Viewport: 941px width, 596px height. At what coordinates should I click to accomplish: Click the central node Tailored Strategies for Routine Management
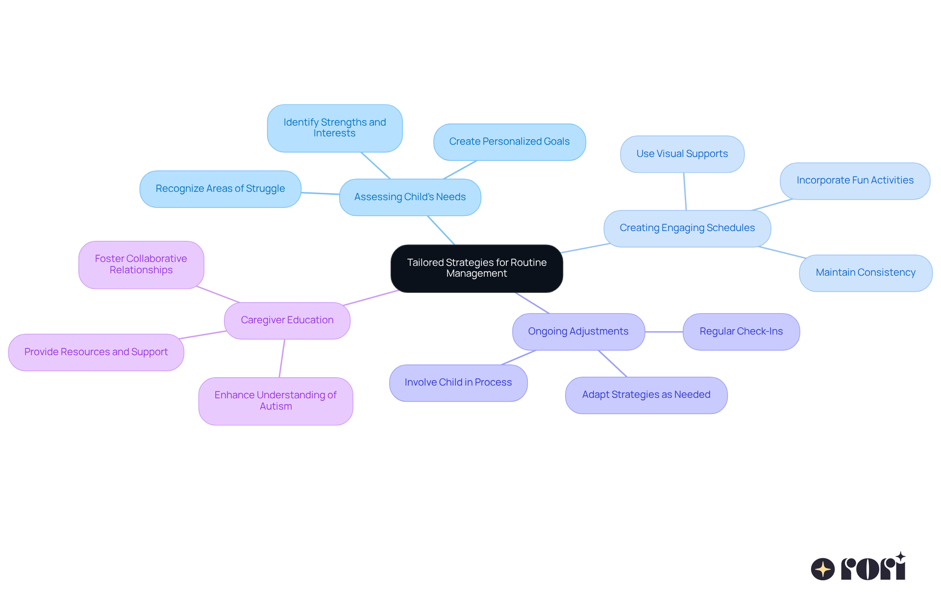tap(476, 268)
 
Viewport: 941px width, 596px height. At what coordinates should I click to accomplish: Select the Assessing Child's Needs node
tap(410, 197)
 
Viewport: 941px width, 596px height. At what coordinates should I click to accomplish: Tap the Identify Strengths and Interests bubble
tap(335, 128)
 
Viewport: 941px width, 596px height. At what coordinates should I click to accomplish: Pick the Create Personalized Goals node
tap(509, 142)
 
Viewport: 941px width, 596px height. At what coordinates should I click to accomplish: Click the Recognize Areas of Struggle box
tap(220, 189)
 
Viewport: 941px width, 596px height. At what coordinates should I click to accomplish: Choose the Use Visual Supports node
tap(682, 154)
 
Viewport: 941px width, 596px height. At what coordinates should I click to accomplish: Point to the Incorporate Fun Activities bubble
tap(855, 181)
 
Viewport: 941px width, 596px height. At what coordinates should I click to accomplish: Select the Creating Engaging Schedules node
tap(687, 229)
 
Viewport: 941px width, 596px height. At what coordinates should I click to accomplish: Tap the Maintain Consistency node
tap(866, 273)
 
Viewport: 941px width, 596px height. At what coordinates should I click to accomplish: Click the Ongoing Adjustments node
tap(578, 332)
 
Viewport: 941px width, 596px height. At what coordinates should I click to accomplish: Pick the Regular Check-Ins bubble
tap(741, 332)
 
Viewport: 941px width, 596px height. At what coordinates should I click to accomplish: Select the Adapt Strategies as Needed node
tap(646, 395)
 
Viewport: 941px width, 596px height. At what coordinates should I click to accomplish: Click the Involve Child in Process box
tap(458, 383)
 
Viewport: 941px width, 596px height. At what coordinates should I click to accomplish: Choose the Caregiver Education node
tap(287, 321)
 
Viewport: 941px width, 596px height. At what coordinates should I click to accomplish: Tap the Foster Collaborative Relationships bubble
tap(141, 265)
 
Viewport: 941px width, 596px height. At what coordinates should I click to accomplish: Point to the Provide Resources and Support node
tap(96, 352)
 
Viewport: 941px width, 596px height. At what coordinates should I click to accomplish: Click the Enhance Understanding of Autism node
tap(275, 401)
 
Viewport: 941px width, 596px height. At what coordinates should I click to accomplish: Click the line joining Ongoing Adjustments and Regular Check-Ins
tap(664, 332)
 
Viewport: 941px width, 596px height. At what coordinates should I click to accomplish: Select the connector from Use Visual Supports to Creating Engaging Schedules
tap(685, 191)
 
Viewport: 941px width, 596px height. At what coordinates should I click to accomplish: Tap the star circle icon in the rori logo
tap(823, 569)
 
